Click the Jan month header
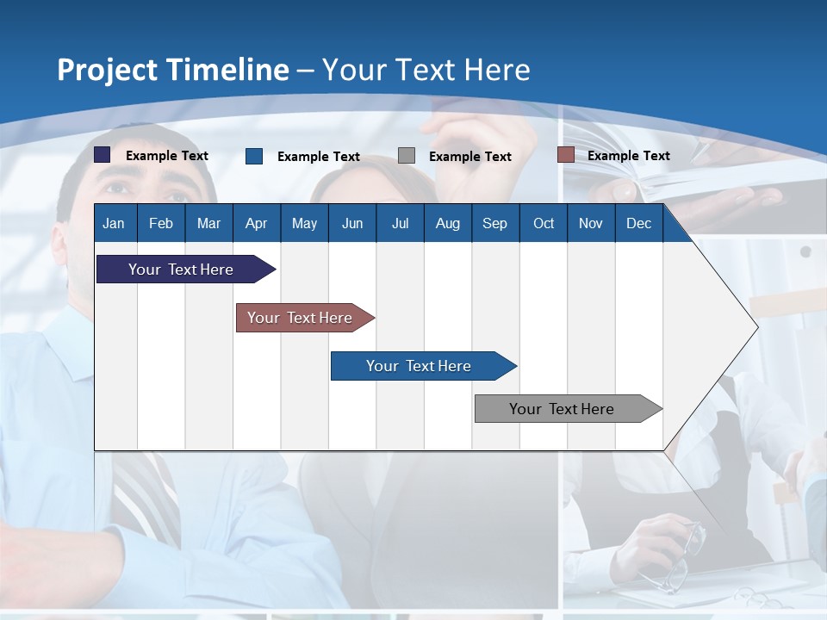coord(114,223)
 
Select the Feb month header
coord(161,223)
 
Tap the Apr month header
coord(256,223)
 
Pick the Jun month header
coord(352,223)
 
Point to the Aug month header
coord(447,223)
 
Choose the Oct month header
coord(544,223)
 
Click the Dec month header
coord(638,223)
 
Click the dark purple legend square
coord(102,155)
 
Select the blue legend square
coord(254,156)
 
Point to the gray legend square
coord(407,156)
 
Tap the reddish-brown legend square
coord(565,155)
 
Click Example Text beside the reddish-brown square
coord(628,156)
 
